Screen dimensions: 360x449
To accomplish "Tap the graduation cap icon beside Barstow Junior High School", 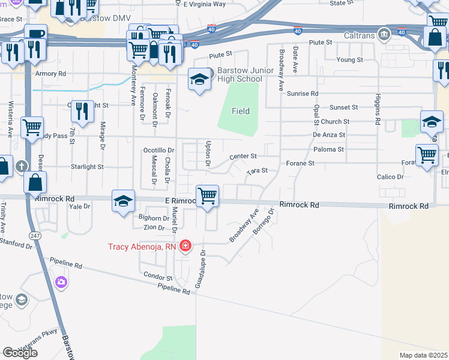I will tap(199, 79).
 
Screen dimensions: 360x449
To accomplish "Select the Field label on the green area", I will tap(241, 111).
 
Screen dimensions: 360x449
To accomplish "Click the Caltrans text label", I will tap(360, 35).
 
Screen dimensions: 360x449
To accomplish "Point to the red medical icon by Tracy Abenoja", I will tap(185, 246).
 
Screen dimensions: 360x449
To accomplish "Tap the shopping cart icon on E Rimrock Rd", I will tap(207, 195).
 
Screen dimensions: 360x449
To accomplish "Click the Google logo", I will tap(20, 352).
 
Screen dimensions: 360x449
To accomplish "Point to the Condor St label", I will tap(158, 277).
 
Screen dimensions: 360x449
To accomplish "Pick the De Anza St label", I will tap(329, 135).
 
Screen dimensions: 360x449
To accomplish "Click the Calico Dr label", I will tap(390, 177).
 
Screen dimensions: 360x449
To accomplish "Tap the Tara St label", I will tap(256, 171).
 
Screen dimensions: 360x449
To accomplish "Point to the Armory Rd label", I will tap(50, 74).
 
